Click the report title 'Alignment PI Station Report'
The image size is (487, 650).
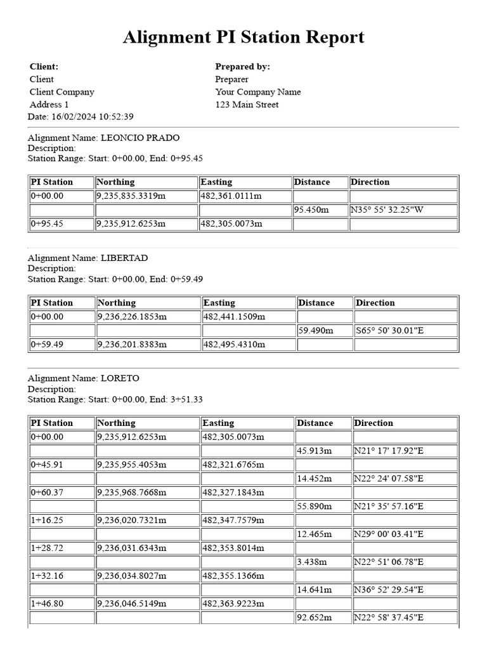coord(243,37)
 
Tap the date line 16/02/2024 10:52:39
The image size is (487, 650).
coord(81,117)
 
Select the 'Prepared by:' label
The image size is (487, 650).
coord(242,67)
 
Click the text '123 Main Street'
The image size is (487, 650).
coord(247,105)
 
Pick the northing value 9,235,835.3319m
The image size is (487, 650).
coord(131,196)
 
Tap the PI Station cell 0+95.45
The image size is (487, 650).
coord(48,224)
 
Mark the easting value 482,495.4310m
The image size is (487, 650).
coord(234,345)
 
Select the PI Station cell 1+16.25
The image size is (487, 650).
coord(48,520)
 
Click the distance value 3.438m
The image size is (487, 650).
coord(311,562)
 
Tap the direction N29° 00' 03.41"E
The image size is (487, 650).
coord(388,534)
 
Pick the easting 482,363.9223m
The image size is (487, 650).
coord(233,604)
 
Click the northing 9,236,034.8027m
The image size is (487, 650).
coord(131,576)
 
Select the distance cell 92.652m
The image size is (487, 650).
coord(314,618)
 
